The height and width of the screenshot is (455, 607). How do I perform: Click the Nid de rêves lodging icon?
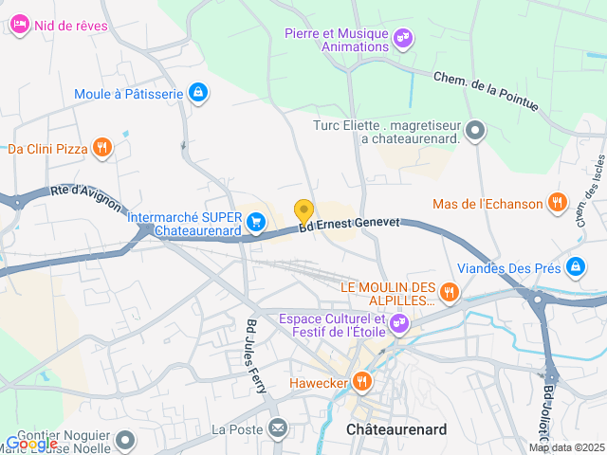(x=21, y=26)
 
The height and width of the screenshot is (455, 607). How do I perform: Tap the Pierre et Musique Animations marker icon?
(x=404, y=38)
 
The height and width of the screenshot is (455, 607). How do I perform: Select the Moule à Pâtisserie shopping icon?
(x=198, y=93)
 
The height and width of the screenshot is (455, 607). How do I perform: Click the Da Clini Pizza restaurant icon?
(x=103, y=147)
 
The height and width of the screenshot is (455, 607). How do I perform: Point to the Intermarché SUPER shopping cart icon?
(x=255, y=223)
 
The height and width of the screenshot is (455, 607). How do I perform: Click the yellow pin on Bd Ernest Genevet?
(x=303, y=211)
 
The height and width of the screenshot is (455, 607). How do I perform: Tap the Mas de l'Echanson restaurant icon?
(x=559, y=203)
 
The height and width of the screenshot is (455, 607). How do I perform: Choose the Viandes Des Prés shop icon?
(x=575, y=267)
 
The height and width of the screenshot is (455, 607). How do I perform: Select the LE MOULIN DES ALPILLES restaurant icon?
(x=450, y=292)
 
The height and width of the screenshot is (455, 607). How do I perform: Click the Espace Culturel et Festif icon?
(x=400, y=324)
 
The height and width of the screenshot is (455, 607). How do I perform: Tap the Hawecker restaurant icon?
(x=361, y=382)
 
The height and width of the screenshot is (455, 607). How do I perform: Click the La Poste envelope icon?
(x=277, y=428)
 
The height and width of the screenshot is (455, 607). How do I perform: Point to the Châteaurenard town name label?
(x=396, y=429)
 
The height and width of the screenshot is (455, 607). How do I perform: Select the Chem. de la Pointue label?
(x=486, y=93)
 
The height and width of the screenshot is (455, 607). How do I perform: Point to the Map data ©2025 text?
(x=566, y=447)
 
